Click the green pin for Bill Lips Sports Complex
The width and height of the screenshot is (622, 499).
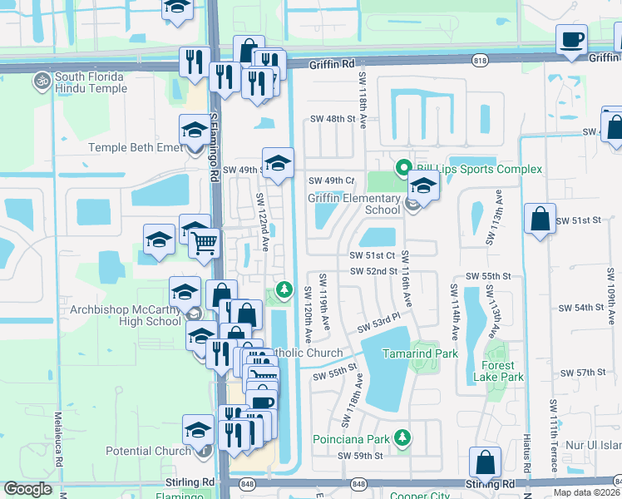click(404, 169)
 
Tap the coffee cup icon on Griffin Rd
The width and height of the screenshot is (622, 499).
click(571, 41)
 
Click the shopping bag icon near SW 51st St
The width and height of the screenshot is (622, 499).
click(540, 220)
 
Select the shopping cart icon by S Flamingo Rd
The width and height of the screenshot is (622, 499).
click(204, 244)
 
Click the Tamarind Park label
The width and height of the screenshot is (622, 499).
click(420, 353)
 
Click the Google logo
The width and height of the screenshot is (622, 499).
click(28, 489)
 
